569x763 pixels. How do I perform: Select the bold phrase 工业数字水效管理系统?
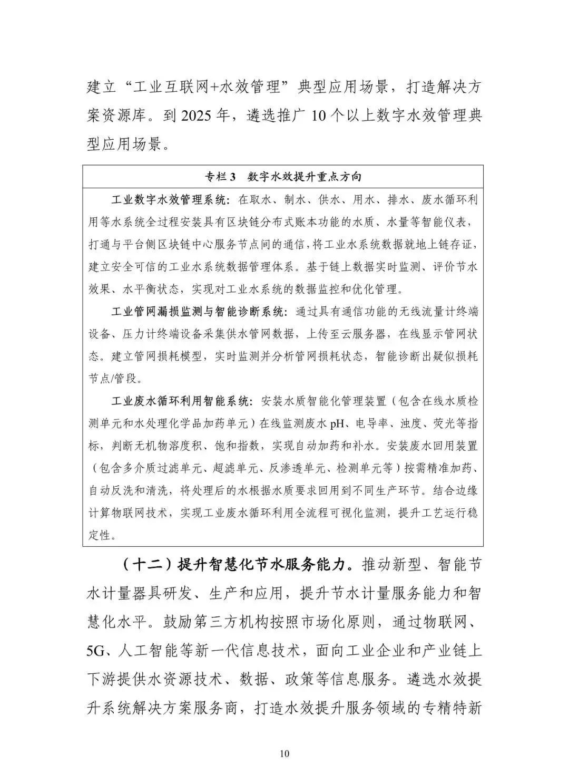pyautogui.click(x=170, y=200)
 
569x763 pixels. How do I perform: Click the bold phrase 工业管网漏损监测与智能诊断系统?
pyautogui.click(x=199, y=312)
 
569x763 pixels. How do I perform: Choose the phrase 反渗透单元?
pyautogui.click(x=289, y=468)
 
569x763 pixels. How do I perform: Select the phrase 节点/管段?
pyautogui.click(x=111, y=379)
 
